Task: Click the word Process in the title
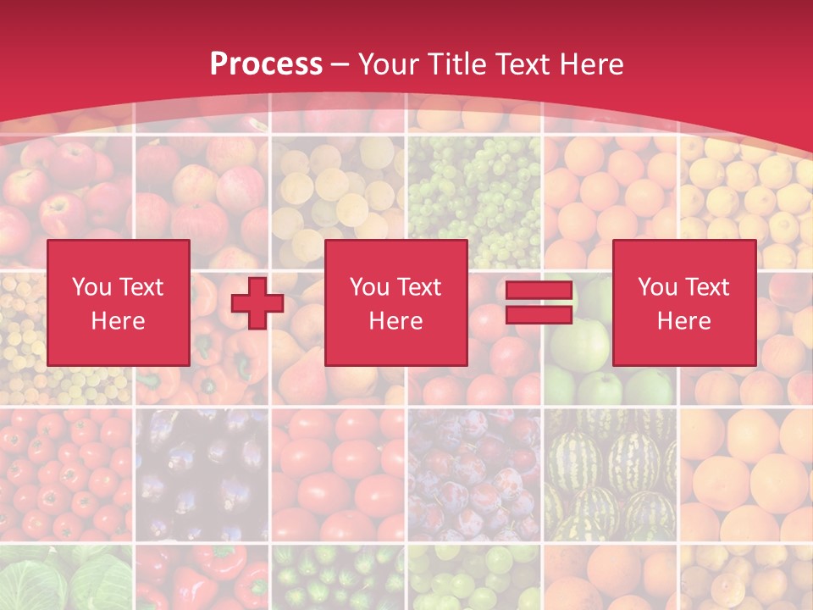(266, 64)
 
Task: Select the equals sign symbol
(539, 303)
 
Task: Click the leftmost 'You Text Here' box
(118, 302)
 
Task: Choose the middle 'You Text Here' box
(395, 302)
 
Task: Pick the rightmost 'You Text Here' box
(683, 302)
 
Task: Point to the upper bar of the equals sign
(539, 291)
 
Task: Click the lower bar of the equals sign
(539, 315)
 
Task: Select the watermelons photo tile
(610, 474)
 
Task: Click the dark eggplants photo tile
(202, 474)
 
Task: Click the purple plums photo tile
(474, 474)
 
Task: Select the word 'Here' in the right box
(683, 321)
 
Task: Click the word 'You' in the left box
(91, 287)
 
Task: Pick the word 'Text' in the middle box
(418, 287)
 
